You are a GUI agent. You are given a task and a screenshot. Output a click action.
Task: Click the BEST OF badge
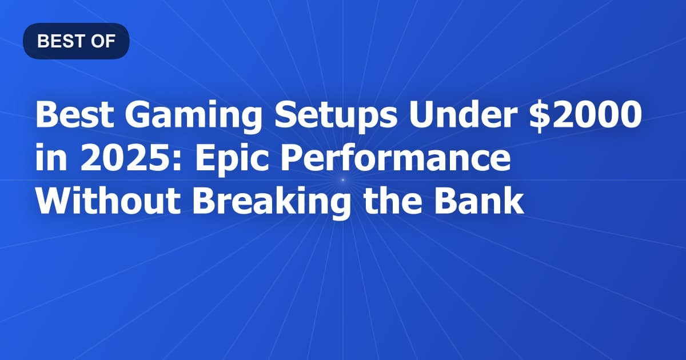pos(76,41)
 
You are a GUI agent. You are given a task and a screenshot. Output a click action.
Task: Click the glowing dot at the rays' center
pos(343,180)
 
